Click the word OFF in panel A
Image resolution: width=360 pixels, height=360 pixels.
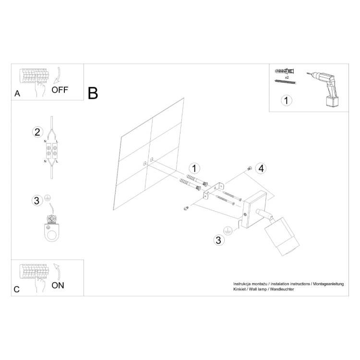pos(60,89)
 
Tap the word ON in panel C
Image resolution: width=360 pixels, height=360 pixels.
pos(58,285)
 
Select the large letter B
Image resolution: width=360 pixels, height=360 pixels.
pos(93,93)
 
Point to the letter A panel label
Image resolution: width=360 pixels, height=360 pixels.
pos(17,94)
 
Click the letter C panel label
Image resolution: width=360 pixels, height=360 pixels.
pos(17,289)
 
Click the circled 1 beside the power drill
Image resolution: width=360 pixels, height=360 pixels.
pos(286,100)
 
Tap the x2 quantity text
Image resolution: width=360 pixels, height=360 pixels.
pos(287,77)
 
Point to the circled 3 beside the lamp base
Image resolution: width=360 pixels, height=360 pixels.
pos(218,240)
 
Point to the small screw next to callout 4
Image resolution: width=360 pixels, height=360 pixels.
pos(249,168)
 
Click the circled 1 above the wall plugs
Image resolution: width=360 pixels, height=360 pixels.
pos(194,168)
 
